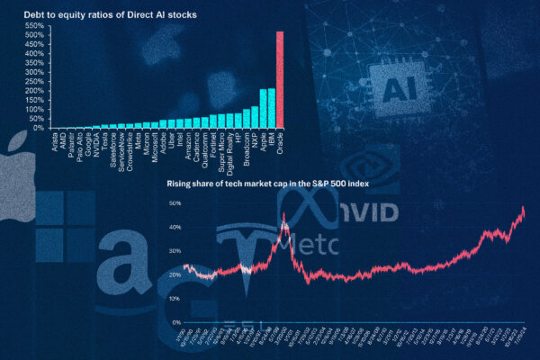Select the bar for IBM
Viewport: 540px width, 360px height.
click(271, 108)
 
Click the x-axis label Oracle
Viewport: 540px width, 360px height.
click(280, 140)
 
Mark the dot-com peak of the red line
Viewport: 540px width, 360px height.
click(284, 215)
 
